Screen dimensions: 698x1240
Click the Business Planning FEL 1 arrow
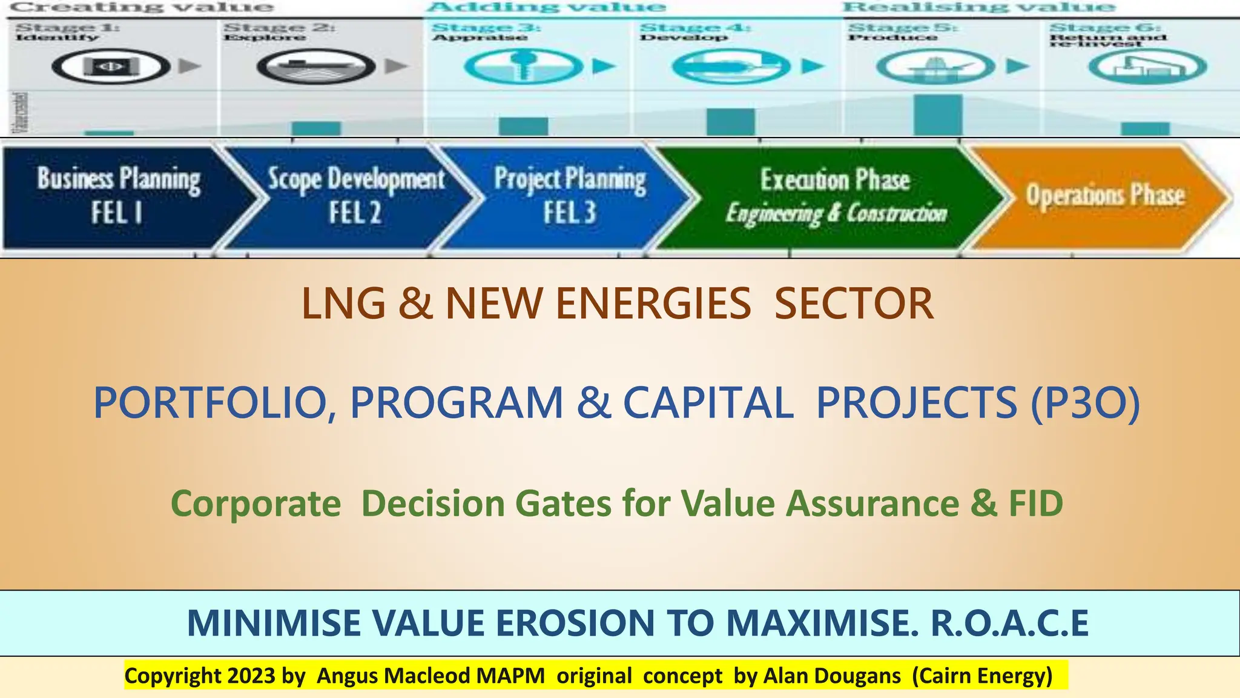coord(118,196)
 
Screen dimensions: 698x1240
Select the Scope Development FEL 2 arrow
coord(354,196)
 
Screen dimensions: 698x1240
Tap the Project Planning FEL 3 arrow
coord(569,196)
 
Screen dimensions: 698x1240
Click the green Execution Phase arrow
coord(836,196)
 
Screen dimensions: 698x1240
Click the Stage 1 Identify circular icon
coord(111,66)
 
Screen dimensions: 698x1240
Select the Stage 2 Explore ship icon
coord(316,66)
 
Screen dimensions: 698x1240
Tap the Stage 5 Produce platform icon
coord(935,66)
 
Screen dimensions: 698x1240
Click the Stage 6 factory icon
coord(1147,66)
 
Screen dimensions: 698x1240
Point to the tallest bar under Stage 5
coord(938,115)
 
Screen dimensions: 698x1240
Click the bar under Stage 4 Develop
coord(731,122)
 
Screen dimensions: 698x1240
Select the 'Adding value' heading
coord(547,7)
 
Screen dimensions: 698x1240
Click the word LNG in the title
coord(343,304)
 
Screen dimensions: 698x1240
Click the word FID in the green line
coord(1035,504)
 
